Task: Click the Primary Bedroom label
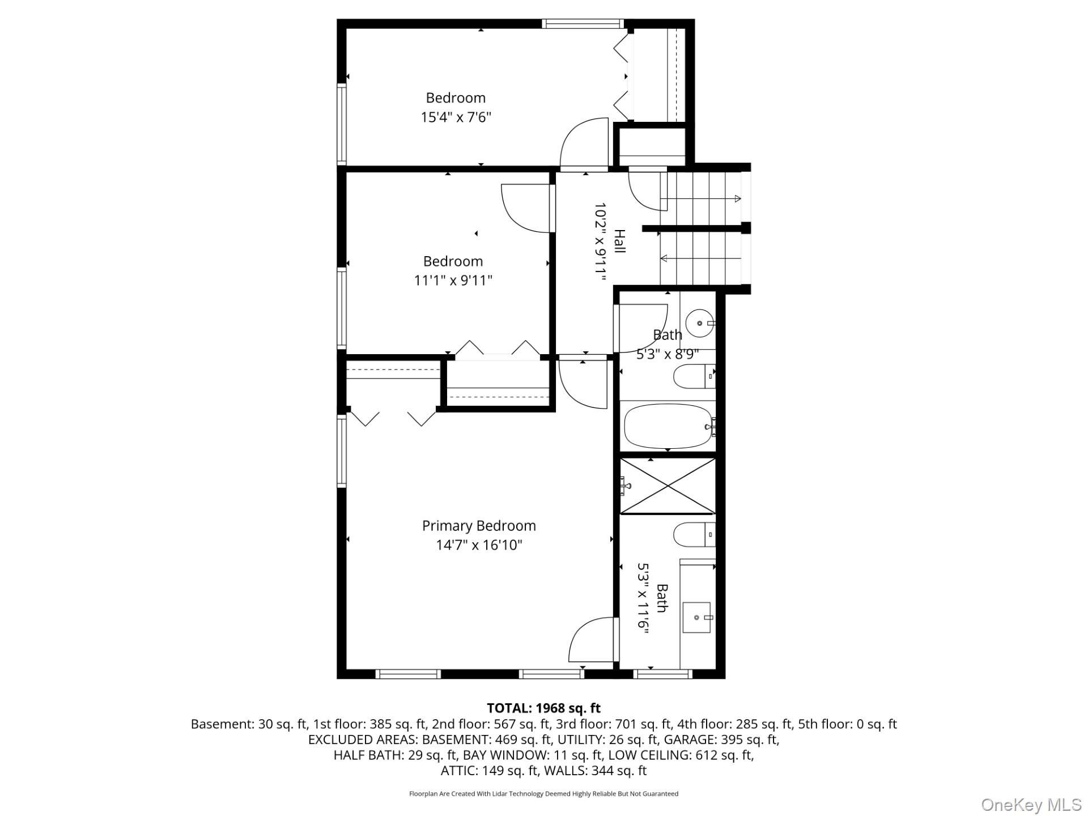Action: click(x=479, y=526)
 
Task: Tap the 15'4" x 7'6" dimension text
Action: click(x=456, y=117)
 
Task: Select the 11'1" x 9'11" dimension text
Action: click(x=453, y=280)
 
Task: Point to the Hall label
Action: click(x=620, y=241)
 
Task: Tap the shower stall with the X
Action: click(x=668, y=486)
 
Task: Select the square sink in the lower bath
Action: click(x=696, y=618)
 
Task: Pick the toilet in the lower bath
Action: click(x=694, y=534)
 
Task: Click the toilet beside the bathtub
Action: click(x=694, y=376)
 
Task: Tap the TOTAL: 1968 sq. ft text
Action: click(x=544, y=708)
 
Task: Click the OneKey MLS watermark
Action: click(x=1031, y=805)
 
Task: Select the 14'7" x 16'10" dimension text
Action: click(x=479, y=545)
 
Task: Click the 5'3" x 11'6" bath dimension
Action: click(x=643, y=598)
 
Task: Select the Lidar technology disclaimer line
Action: click(x=544, y=794)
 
